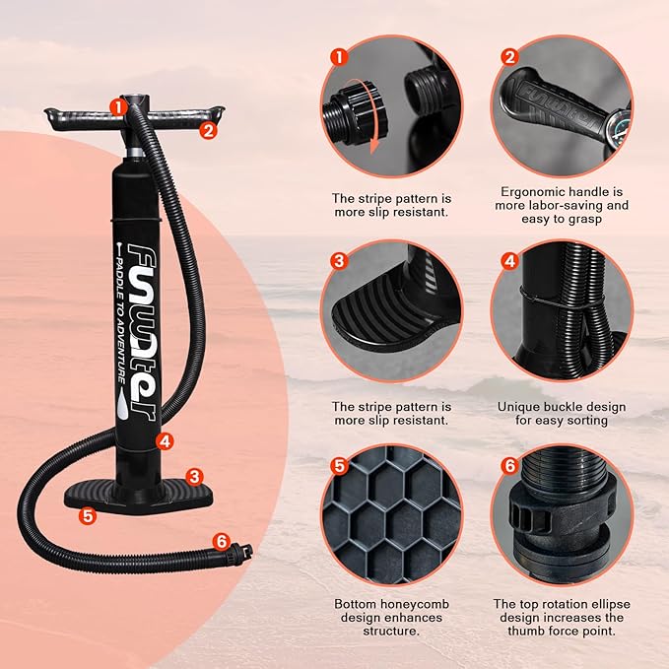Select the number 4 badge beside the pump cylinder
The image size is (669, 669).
click(x=166, y=441)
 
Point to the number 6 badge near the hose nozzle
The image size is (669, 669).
click(x=221, y=541)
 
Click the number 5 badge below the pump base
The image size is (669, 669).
click(x=88, y=514)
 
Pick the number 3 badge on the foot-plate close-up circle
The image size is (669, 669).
click(x=339, y=261)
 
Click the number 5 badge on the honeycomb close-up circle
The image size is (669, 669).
click(x=339, y=465)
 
